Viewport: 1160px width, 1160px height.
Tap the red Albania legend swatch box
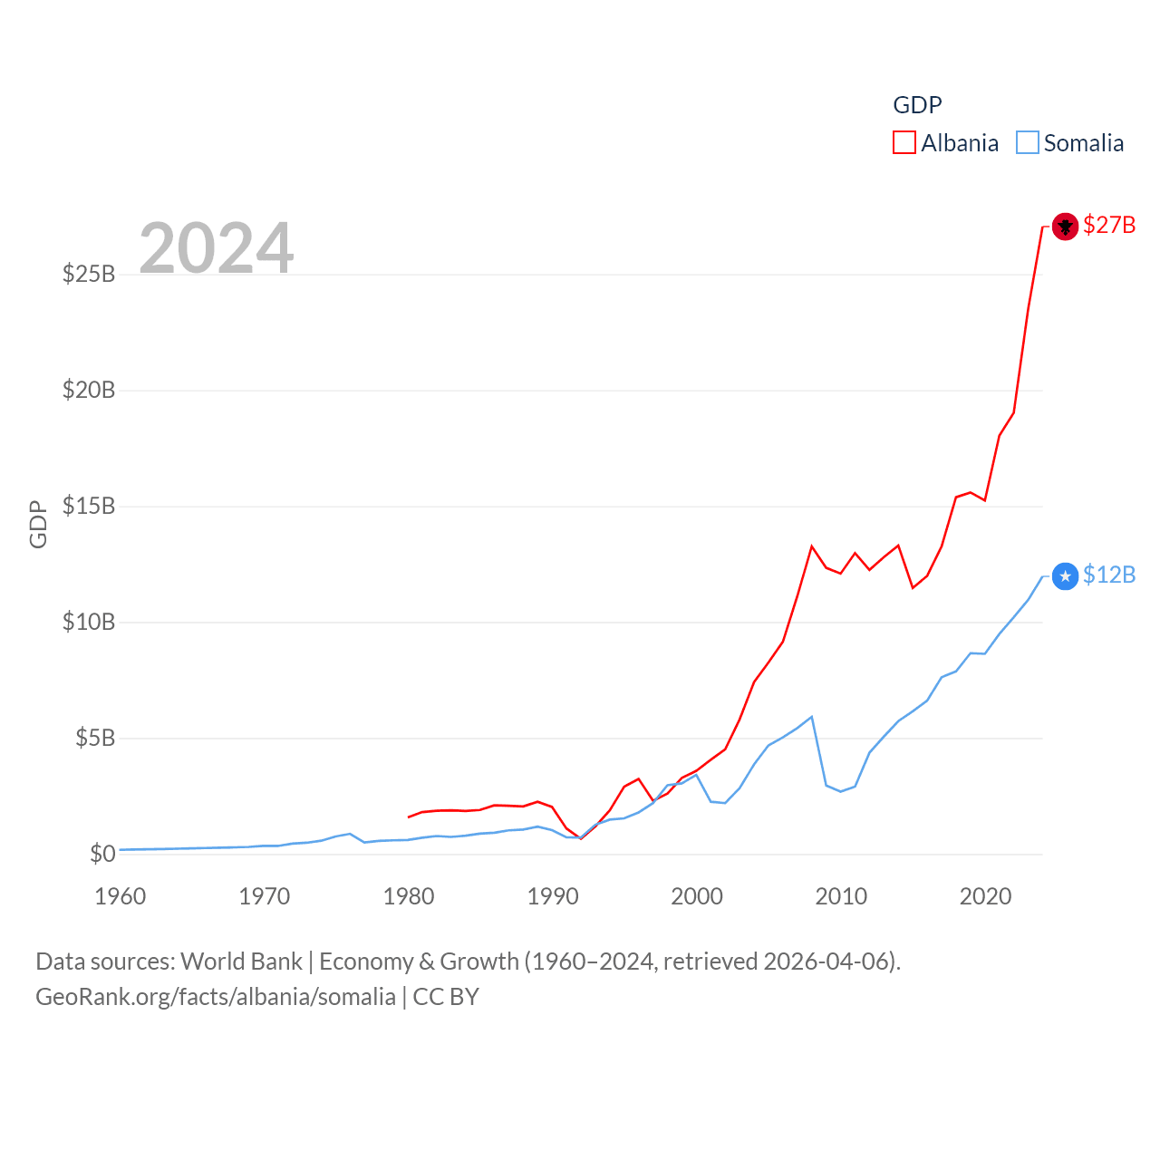tap(904, 143)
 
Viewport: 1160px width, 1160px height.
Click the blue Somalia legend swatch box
tap(1027, 143)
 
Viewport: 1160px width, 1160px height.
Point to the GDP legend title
tap(917, 105)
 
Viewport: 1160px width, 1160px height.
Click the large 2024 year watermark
tap(217, 247)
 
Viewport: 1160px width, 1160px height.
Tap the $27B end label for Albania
tap(1108, 225)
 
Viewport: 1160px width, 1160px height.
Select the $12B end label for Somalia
tap(1108, 575)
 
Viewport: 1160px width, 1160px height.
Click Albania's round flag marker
tap(1065, 226)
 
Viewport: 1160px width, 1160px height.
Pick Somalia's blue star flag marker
tap(1065, 575)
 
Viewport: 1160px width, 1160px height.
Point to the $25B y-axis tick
tap(89, 274)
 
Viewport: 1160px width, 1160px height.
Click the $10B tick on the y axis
tap(89, 622)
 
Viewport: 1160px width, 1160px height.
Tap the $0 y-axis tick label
tap(102, 854)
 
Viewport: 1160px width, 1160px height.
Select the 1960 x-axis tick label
tap(121, 896)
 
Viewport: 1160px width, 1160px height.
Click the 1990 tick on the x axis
tap(553, 896)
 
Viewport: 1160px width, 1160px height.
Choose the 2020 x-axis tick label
tap(985, 896)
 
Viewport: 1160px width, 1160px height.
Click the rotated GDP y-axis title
tap(38, 524)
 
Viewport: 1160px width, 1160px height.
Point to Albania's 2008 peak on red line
tap(812, 546)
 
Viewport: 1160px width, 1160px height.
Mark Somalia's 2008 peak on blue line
tap(812, 717)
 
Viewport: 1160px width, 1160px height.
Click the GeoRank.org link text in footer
tap(216, 997)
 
